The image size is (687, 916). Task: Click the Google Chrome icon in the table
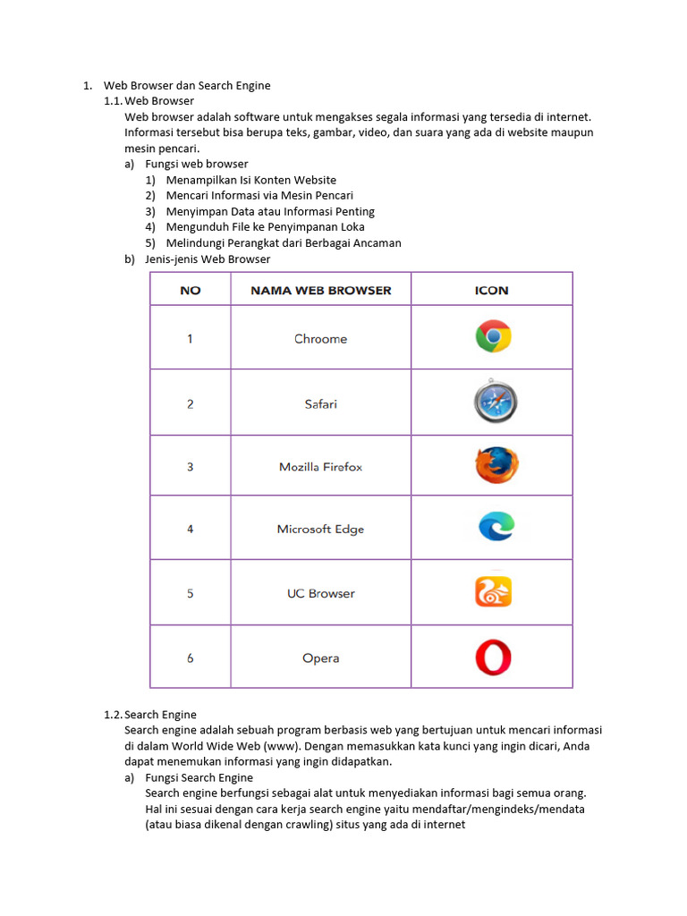click(x=493, y=337)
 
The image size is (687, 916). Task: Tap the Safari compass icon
click(x=493, y=403)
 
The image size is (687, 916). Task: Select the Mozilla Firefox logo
click(x=496, y=465)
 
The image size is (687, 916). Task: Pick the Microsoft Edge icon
click(x=495, y=528)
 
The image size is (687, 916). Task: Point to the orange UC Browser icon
click(x=493, y=592)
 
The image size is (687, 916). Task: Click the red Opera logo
click(x=493, y=657)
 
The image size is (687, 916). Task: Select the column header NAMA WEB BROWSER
click(x=320, y=290)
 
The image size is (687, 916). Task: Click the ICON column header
click(x=491, y=290)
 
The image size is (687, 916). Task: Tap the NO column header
click(x=190, y=290)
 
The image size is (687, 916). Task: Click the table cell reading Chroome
click(x=320, y=339)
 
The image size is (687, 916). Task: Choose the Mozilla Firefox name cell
click(x=320, y=467)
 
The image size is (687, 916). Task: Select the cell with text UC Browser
click(x=320, y=593)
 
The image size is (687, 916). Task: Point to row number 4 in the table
click(x=190, y=529)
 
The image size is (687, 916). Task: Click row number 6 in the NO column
click(x=190, y=658)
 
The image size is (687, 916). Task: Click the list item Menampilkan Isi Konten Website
click(x=250, y=180)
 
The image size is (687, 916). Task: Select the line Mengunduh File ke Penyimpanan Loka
click(x=265, y=227)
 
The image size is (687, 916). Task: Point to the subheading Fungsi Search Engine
click(x=199, y=777)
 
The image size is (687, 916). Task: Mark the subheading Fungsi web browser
click(x=197, y=164)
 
